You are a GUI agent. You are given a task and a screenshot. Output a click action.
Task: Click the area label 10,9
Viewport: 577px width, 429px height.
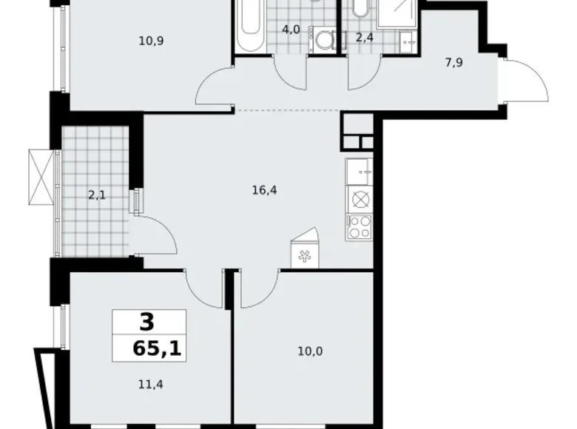tap(150, 41)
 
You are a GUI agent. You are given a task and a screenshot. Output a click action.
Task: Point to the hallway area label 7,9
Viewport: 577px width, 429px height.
tap(454, 64)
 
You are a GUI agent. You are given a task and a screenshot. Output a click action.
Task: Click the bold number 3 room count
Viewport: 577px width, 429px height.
tap(148, 322)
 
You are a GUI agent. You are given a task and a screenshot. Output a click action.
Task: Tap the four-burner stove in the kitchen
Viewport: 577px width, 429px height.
tap(359, 227)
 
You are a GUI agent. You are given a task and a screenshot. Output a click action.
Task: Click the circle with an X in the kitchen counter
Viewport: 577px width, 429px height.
tap(359, 199)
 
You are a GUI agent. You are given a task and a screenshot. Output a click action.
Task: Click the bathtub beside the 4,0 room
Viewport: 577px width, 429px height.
tap(250, 25)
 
